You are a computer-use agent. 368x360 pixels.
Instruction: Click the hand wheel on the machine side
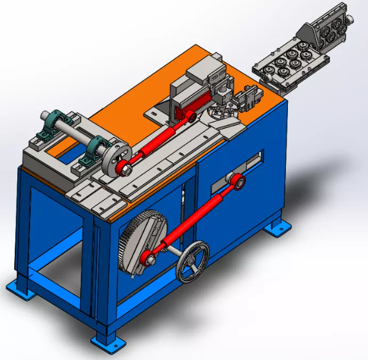click(x=193, y=261)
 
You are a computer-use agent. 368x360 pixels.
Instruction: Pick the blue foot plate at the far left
click(x=19, y=289)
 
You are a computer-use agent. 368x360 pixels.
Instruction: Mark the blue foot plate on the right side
click(x=277, y=227)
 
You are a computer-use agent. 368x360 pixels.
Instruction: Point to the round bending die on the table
click(x=221, y=115)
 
